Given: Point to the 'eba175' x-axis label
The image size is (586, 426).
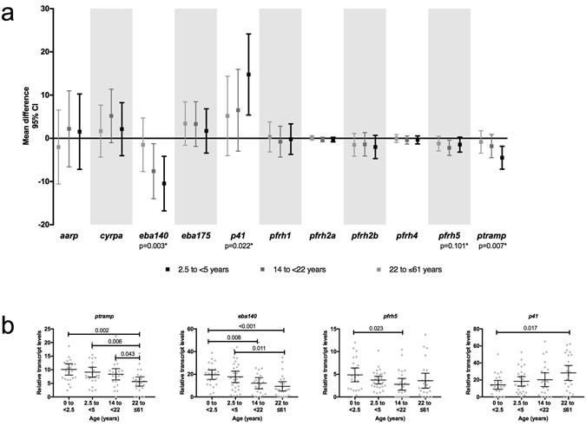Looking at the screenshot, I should (x=194, y=235).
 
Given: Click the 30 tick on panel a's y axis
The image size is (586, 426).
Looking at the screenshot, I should (x=43, y=10).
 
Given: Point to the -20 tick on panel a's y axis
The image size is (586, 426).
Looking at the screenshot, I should (x=42, y=224).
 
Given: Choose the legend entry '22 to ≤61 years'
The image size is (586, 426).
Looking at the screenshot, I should (x=408, y=270).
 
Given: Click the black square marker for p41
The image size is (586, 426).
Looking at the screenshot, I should (x=248, y=75).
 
